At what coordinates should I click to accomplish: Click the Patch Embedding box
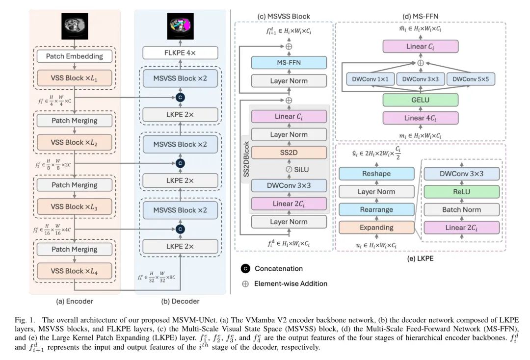click(x=75, y=56)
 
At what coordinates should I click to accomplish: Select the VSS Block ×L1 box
click(x=75, y=78)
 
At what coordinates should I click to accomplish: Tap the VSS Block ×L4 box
click(x=75, y=271)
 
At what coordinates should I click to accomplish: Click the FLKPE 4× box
click(x=180, y=51)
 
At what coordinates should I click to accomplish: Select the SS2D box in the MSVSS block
click(x=289, y=152)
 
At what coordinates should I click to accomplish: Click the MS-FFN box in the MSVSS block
click(x=289, y=62)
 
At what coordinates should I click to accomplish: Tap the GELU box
click(x=421, y=100)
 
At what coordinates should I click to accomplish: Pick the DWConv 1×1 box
click(x=369, y=79)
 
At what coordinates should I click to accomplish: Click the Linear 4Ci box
click(x=421, y=118)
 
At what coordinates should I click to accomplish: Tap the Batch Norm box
click(x=461, y=209)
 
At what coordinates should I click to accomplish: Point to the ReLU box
click(x=461, y=191)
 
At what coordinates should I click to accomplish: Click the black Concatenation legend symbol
click(x=246, y=268)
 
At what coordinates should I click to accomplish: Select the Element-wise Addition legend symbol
click(x=246, y=283)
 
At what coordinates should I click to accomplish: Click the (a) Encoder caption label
click(x=75, y=301)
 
